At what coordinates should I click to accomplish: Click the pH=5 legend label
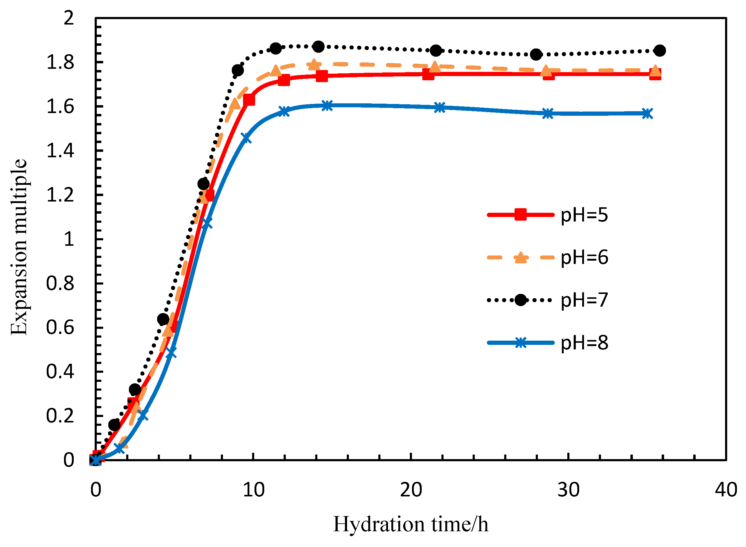click(x=584, y=215)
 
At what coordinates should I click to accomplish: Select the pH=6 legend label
click(x=584, y=258)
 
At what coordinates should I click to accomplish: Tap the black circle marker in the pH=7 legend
click(x=521, y=300)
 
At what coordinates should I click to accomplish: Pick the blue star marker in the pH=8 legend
click(x=521, y=343)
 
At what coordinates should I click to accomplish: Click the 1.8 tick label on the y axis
click(x=60, y=62)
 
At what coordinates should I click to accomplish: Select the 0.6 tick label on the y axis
click(x=60, y=328)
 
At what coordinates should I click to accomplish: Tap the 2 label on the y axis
click(x=69, y=18)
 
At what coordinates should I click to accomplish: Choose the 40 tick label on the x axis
click(x=726, y=490)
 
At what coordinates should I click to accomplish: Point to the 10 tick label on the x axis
click(x=254, y=490)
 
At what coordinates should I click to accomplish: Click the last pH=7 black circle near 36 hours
click(x=660, y=51)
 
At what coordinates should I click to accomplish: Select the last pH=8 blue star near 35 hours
click(x=647, y=114)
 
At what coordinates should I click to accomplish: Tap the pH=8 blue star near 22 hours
click(x=440, y=107)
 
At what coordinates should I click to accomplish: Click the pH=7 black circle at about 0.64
click(x=163, y=319)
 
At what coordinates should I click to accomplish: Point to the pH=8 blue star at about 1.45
click(x=246, y=138)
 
